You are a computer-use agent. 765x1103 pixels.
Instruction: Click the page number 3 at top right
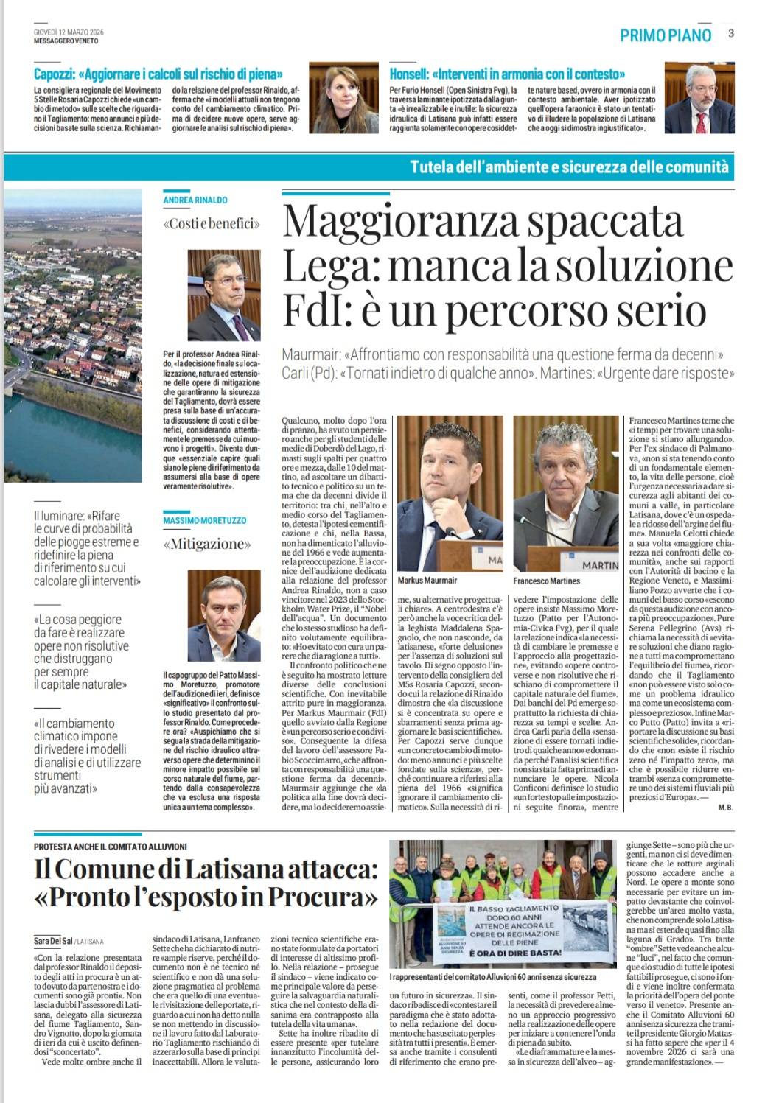click(x=730, y=33)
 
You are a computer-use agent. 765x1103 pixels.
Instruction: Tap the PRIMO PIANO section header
click(x=666, y=35)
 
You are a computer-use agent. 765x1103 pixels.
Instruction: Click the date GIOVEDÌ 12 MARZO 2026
click(x=69, y=32)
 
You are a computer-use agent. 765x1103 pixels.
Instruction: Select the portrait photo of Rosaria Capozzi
click(x=343, y=97)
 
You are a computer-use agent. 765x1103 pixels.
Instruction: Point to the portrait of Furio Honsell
click(x=699, y=97)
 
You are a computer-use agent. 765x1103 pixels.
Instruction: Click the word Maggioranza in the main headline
click(x=409, y=220)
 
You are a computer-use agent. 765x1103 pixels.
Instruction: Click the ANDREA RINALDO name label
click(x=195, y=200)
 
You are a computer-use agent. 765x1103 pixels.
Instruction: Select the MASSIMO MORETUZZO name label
click(x=205, y=520)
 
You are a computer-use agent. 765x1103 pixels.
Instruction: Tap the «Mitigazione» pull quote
click(x=207, y=545)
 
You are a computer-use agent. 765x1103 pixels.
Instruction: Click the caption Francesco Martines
click(x=547, y=581)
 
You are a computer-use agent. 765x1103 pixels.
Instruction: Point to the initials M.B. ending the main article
click(x=725, y=808)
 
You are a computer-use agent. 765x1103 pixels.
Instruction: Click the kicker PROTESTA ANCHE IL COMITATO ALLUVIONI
click(x=111, y=847)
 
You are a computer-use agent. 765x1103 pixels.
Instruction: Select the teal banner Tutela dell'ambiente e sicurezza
click(x=569, y=167)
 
